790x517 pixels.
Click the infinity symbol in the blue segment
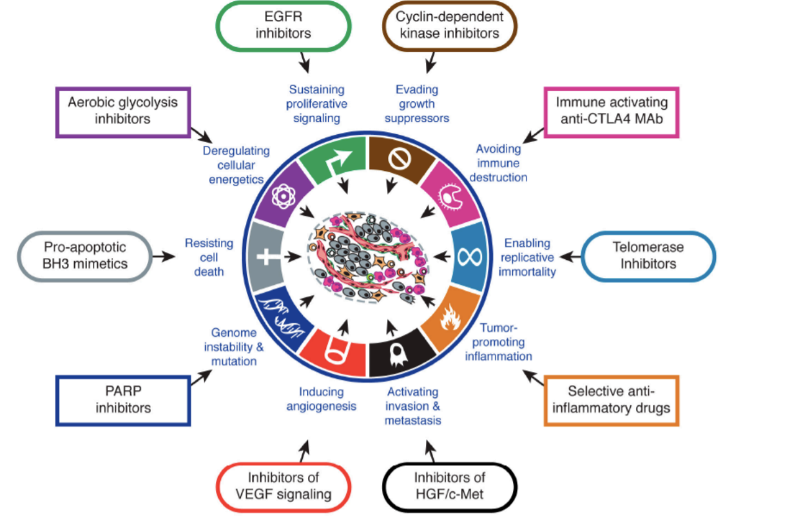469,257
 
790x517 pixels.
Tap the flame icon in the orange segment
450,318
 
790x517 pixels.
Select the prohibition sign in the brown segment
400,159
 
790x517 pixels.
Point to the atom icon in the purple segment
283,196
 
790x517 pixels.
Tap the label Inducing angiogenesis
322,399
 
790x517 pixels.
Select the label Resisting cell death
209,257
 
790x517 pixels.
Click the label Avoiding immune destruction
498,163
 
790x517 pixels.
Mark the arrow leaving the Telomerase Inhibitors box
570,257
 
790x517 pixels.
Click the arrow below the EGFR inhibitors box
305,63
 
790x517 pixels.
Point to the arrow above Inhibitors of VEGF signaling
305,451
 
